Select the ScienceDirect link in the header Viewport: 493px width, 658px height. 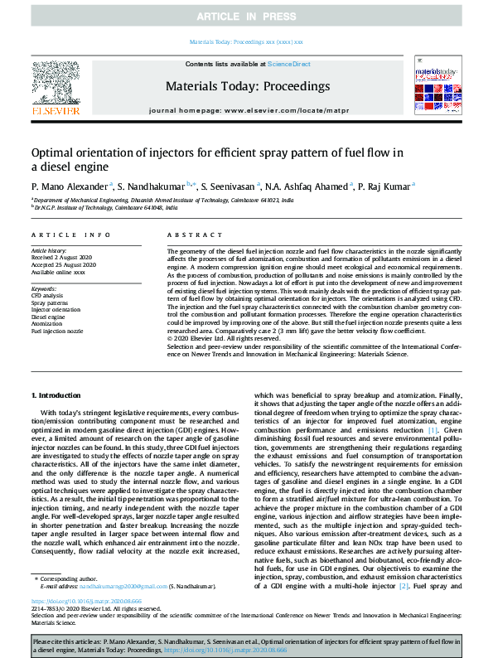pos(291,64)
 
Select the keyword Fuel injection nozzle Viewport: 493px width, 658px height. pos(57,331)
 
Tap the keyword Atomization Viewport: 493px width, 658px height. pos(48,324)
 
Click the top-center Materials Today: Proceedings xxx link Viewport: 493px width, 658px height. pos(246,41)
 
